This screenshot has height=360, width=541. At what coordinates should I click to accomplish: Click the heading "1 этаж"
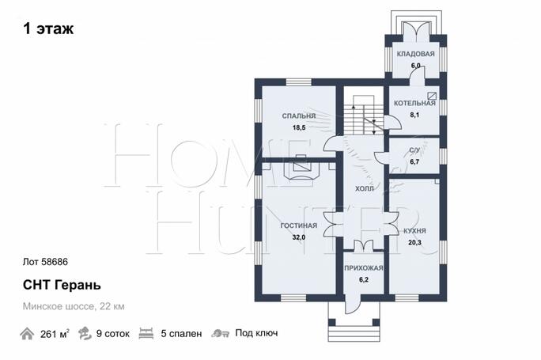(x=48, y=28)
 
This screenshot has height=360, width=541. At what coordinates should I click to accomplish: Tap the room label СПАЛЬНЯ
(x=299, y=116)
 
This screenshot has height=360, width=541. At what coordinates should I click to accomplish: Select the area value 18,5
(x=299, y=127)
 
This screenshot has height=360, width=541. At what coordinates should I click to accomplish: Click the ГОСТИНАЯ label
(x=299, y=225)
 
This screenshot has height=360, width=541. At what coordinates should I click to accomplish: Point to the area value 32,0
(x=299, y=237)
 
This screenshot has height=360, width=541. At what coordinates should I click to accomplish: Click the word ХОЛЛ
(x=365, y=189)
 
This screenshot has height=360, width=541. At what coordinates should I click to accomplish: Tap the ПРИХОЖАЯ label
(x=364, y=268)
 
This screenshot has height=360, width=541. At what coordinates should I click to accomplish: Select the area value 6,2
(x=364, y=279)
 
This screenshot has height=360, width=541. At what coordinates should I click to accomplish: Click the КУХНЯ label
(x=414, y=231)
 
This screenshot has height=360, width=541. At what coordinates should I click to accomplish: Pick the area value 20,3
(x=414, y=243)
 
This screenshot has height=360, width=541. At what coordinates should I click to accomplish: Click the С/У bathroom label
(x=414, y=150)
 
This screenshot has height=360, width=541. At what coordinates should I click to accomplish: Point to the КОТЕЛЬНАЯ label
(x=414, y=103)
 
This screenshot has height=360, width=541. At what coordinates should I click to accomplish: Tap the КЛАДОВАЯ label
(x=415, y=54)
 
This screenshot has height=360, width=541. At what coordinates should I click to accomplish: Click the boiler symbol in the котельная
(x=432, y=96)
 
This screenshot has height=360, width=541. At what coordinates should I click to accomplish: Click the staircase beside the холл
(x=363, y=115)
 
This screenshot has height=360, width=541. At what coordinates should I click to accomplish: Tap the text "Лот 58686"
(x=45, y=262)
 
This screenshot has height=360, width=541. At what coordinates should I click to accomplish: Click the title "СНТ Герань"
(x=62, y=285)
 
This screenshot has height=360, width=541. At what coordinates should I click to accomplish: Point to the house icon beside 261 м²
(x=27, y=334)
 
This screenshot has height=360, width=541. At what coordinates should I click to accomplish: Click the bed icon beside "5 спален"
(x=146, y=333)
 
